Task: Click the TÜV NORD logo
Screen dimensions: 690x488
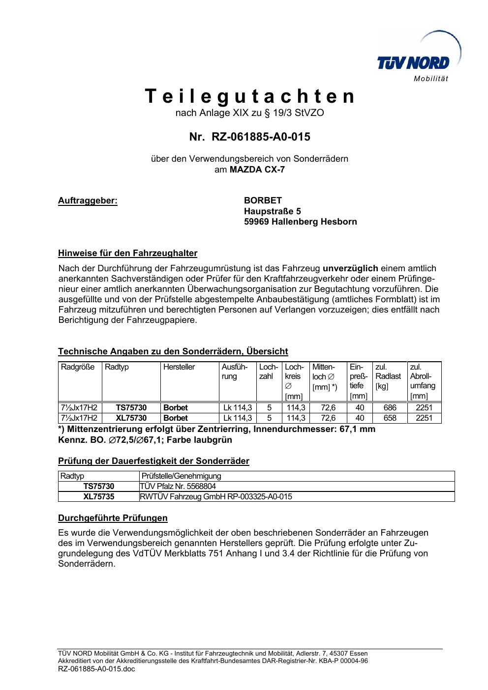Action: [418, 59]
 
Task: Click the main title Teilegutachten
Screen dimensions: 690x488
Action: [250, 96]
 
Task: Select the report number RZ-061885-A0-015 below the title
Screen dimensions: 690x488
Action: [250, 137]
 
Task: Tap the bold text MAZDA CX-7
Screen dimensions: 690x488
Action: [257, 170]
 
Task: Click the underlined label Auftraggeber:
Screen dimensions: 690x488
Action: [88, 201]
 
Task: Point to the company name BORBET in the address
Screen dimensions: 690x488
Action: [263, 201]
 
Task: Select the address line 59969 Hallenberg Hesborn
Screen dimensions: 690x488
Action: [300, 222]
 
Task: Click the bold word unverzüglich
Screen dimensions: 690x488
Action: [350, 268]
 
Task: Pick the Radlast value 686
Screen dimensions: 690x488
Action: [390, 408]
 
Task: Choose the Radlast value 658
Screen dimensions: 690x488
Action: [390, 418]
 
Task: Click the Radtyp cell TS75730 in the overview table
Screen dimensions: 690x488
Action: [131, 408]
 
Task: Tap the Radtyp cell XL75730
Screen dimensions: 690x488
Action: [131, 418]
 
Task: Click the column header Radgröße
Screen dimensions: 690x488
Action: [78, 367]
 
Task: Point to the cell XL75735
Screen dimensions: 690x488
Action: [98, 497]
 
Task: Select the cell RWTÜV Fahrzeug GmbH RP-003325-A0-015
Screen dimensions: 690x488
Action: [216, 497]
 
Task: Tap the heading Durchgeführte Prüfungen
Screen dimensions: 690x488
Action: [113, 518]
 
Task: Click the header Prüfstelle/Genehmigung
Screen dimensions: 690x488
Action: [181, 476]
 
